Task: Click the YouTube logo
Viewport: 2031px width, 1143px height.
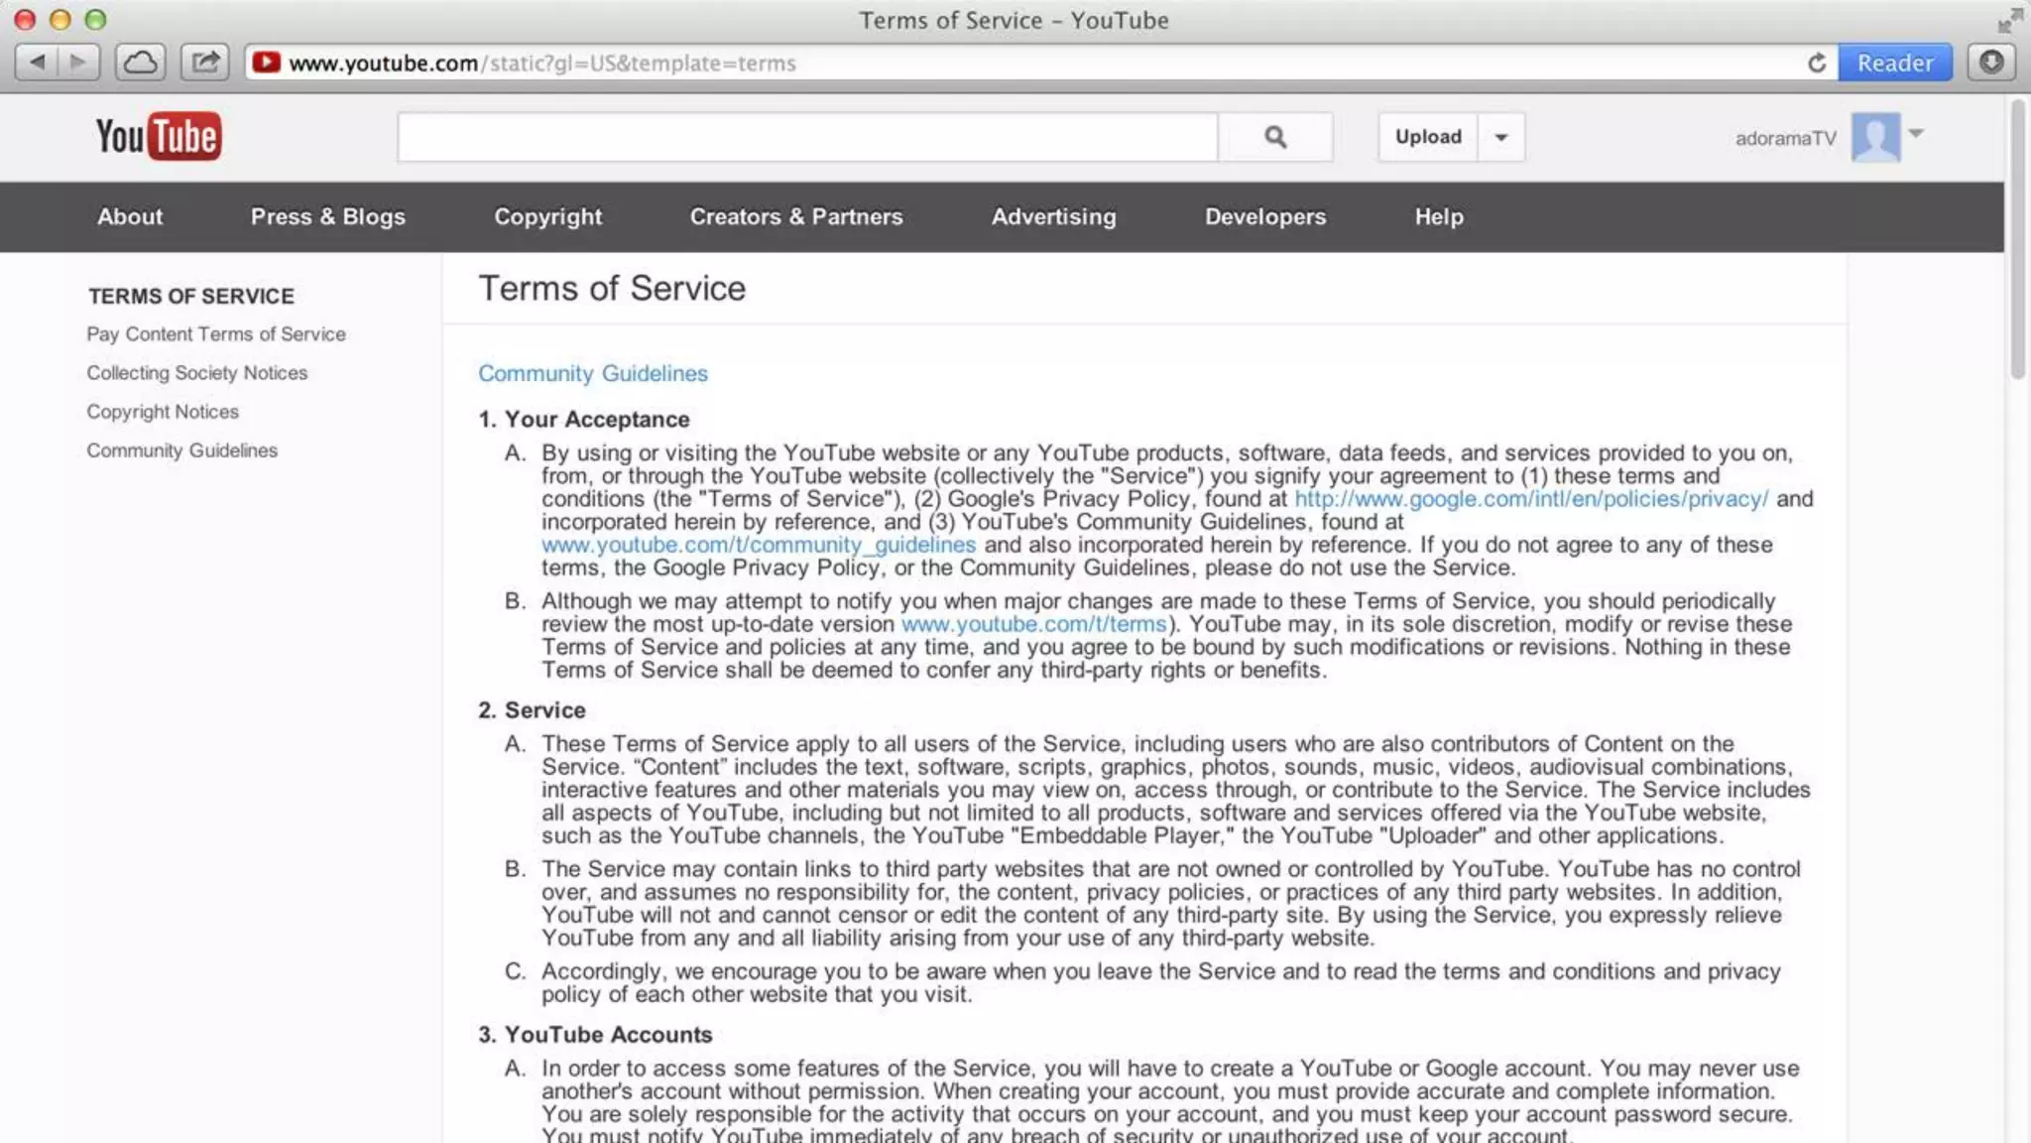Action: (x=159, y=137)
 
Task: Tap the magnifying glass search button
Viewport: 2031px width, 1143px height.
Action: (x=1275, y=137)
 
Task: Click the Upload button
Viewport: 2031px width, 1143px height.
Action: (x=1428, y=137)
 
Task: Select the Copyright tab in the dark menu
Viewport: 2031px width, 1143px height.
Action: (x=547, y=216)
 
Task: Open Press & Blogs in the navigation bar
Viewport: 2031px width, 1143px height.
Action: (x=327, y=216)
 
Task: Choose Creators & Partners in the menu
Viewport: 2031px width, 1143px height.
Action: (x=796, y=216)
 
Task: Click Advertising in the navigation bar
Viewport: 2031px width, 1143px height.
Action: (x=1053, y=216)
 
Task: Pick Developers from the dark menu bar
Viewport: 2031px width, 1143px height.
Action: (x=1264, y=216)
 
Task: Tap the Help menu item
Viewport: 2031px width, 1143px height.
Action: (x=1438, y=216)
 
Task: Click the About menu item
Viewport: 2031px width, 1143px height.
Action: (x=130, y=216)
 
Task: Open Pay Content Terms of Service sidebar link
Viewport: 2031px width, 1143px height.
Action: (x=216, y=334)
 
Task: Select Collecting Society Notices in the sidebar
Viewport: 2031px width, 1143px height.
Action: (x=196, y=373)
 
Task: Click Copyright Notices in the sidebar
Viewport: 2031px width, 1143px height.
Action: (x=163, y=412)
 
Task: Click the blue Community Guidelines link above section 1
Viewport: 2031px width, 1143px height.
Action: (x=593, y=374)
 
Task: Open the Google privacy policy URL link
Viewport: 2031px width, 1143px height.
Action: (x=1531, y=499)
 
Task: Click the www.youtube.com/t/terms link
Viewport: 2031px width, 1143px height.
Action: (x=1033, y=624)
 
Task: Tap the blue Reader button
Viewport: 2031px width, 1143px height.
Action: (x=1894, y=63)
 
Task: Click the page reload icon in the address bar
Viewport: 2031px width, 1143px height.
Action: (x=1817, y=63)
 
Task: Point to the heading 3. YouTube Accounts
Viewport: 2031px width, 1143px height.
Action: (x=595, y=1035)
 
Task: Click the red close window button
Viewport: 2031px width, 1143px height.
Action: (x=25, y=20)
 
